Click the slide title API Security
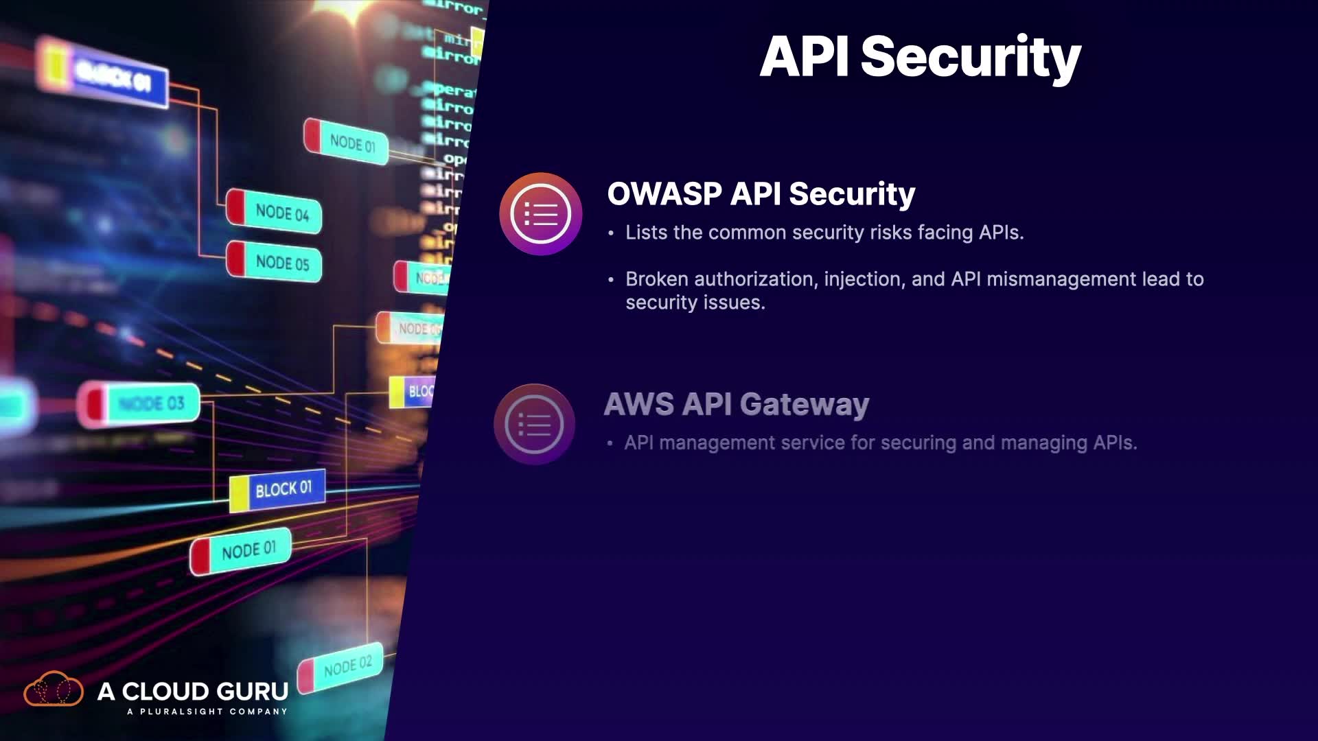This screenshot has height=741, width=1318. (x=920, y=57)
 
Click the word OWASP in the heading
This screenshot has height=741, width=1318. (x=664, y=194)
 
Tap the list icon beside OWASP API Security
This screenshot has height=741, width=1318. (x=541, y=214)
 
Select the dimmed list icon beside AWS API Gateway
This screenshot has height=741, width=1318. (x=534, y=424)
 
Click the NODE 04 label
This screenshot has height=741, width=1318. (x=282, y=213)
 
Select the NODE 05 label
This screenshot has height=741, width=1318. (x=282, y=263)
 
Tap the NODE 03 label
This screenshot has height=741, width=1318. (x=151, y=403)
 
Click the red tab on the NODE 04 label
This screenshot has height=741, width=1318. (x=235, y=207)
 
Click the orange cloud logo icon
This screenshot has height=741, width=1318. (x=54, y=689)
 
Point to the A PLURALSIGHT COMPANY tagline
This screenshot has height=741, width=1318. (x=207, y=711)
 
